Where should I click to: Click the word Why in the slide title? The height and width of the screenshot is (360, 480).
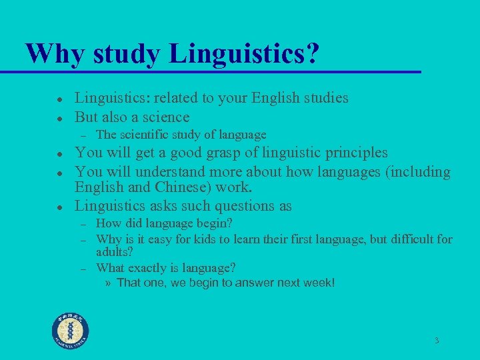click(53, 53)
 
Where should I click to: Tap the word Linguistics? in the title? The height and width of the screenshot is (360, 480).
click(243, 53)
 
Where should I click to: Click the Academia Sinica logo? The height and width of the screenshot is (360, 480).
click(71, 330)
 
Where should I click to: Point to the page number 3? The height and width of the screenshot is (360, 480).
click(437, 341)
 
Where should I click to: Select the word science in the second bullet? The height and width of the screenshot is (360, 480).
click(165, 117)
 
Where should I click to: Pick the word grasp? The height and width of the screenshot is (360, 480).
click(200, 153)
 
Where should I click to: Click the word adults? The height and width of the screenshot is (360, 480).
click(115, 253)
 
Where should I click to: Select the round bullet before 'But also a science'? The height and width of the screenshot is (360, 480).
click(59, 117)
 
